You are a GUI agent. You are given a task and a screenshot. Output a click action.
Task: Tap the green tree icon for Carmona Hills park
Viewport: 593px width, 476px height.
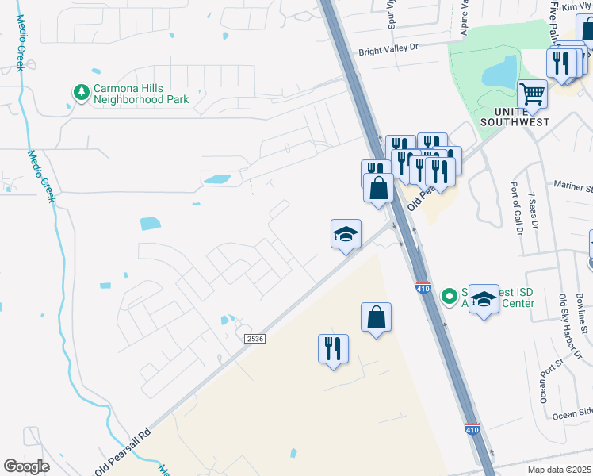pyautogui.click(x=81, y=94)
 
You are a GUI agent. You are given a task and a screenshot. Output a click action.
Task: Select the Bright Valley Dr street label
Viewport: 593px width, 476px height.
pyautogui.click(x=388, y=49)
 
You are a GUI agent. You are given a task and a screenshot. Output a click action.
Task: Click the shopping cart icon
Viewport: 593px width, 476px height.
pyautogui.click(x=532, y=94)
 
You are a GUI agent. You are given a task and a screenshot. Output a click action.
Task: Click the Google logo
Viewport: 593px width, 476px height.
pyautogui.click(x=27, y=466)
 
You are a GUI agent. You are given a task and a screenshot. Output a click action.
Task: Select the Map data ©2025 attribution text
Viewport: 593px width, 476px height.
pyautogui.click(x=560, y=470)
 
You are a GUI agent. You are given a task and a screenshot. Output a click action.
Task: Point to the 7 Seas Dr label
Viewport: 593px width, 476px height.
pyautogui.click(x=534, y=210)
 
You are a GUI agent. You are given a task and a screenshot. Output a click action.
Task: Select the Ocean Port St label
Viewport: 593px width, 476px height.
pyautogui.click(x=543, y=379)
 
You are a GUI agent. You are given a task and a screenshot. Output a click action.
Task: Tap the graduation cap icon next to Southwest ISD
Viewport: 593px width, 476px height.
pyautogui.click(x=484, y=299)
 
